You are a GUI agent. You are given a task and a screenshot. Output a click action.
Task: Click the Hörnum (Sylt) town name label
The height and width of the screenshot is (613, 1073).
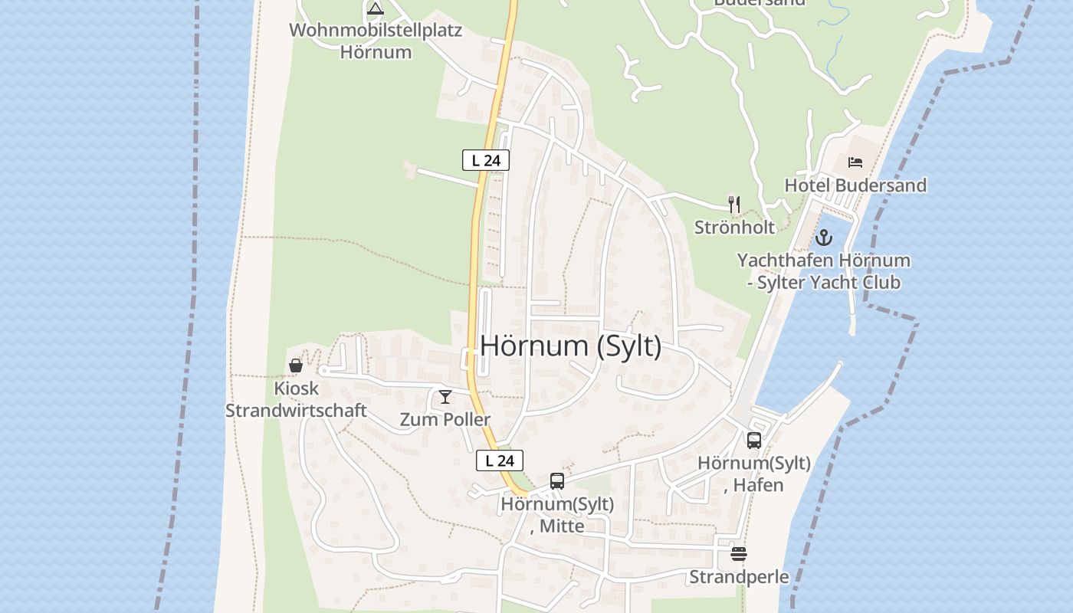570,346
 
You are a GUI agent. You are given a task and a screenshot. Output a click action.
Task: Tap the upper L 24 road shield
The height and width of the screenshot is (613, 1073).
486,160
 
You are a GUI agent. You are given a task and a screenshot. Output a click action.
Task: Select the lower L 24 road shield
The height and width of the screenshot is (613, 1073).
500,461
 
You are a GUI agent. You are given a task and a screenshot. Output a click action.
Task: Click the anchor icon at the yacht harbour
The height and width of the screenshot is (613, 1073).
824,238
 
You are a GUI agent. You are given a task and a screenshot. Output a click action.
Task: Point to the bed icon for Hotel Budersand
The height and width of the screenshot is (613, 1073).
855,162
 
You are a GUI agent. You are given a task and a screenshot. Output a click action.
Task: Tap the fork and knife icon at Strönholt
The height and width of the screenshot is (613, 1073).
734,204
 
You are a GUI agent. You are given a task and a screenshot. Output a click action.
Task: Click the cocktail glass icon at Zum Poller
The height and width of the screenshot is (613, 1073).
445,397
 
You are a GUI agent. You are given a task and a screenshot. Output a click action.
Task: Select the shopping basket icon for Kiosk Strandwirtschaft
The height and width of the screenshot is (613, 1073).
296,366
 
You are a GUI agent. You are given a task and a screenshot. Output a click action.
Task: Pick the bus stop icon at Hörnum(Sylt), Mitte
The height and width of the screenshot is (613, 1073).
557,481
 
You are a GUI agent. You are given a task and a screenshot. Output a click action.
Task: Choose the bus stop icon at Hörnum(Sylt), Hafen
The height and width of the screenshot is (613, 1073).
754,441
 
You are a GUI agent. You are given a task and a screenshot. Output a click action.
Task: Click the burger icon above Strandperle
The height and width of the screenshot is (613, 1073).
739,554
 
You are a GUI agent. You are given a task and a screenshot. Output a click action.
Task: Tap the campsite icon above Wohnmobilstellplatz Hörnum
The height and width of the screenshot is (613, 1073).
375,9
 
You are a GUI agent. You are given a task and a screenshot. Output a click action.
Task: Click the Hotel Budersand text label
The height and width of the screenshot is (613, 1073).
855,185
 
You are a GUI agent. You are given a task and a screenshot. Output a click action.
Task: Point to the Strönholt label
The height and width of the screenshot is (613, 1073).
734,228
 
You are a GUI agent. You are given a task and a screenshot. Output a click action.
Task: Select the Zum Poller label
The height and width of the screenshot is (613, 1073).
445,420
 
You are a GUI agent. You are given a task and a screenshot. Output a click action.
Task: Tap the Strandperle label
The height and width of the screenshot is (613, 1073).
739,577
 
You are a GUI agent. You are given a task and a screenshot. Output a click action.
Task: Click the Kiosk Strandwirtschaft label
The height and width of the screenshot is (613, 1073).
296,399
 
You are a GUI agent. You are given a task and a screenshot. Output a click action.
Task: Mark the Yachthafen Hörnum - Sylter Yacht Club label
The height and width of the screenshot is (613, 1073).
824,271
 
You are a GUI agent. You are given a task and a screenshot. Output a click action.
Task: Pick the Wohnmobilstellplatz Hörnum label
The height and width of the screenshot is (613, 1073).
376,41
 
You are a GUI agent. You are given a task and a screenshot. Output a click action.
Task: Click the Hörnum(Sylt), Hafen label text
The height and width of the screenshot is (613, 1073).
754,474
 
